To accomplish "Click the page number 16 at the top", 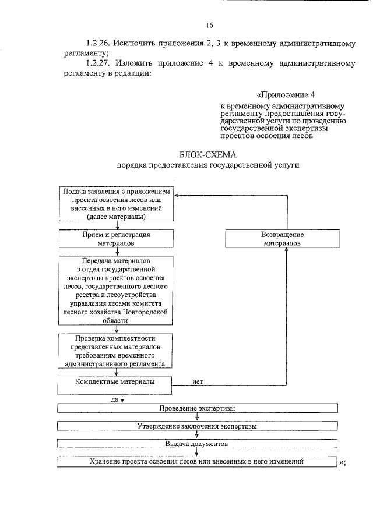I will [x=209, y=25].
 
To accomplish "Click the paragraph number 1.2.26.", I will [x=98, y=43].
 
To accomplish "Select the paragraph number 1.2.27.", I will [x=98, y=63].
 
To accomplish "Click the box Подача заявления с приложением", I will [x=117, y=204].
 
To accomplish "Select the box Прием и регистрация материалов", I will [x=117, y=238].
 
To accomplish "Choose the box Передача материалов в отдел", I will [x=117, y=291].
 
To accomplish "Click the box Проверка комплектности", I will [x=117, y=351].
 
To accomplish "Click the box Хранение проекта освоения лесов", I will [x=197, y=461].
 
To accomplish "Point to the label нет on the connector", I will [x=198, y=382].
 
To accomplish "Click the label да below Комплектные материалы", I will [x=114, y=399].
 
